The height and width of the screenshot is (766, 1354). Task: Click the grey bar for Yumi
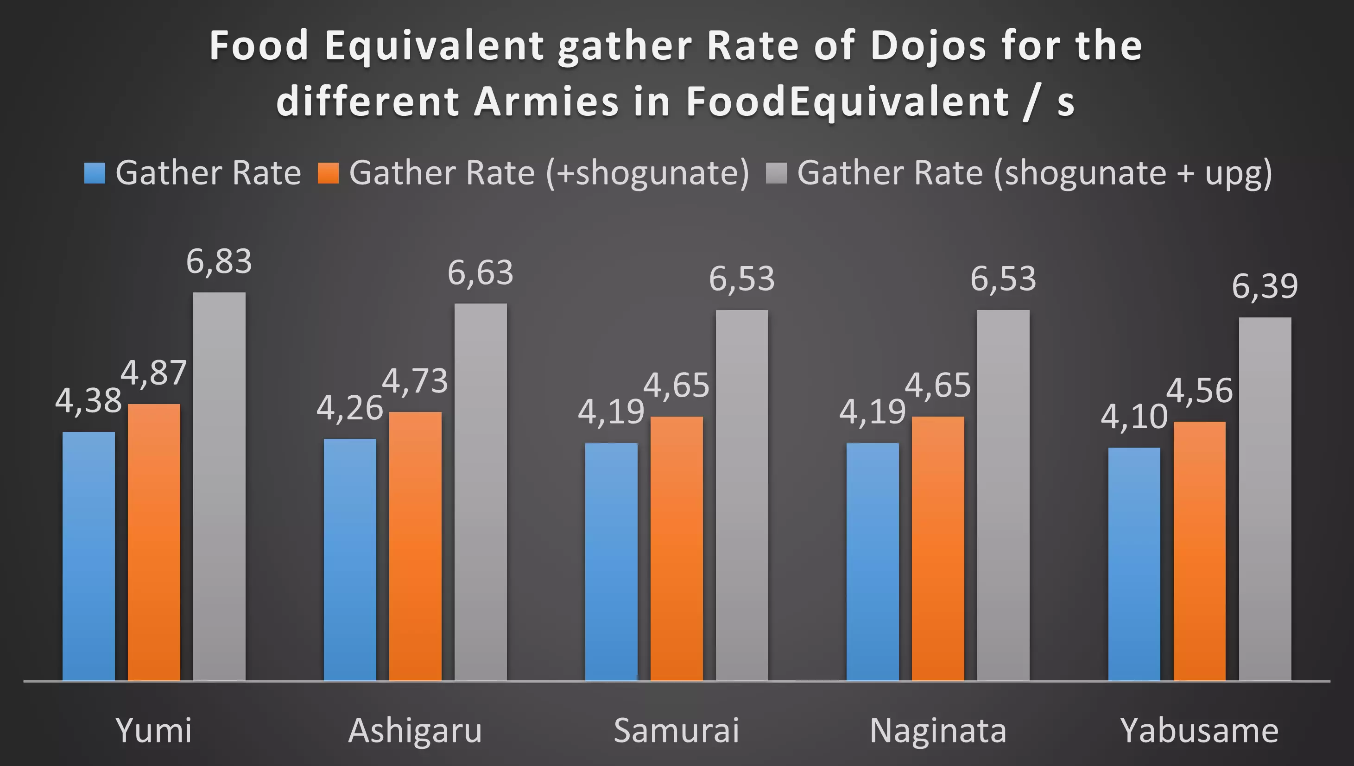pos(219,487)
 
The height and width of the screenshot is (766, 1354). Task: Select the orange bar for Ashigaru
pos(415,546)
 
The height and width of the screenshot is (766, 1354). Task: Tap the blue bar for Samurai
pos(611,562)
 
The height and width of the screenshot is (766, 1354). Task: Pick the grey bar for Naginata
pos(1003,495)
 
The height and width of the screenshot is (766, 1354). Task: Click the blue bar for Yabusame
pos(1134,564)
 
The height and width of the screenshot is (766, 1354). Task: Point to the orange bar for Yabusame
pos(1199,551)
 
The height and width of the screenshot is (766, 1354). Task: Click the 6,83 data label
pos(219,261)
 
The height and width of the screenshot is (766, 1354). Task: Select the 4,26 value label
pos(349,408)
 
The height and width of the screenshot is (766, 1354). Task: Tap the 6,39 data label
pos(1265,287)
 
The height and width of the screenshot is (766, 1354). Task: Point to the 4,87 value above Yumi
pos(153,373)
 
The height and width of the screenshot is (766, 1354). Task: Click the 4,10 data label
pos(1134,417)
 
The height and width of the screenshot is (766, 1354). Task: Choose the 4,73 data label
pos(415,381)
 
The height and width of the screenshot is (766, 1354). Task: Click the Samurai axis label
pos(677,730)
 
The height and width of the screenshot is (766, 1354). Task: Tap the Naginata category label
pos(938,730)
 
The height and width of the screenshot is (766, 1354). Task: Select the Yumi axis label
pos(153,730)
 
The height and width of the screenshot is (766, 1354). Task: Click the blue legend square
pos(95,173)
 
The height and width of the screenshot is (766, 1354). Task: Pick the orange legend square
pos(328,173)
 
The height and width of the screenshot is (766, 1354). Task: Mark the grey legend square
pos(777,173)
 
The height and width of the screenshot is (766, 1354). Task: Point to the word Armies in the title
pos(546,101)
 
